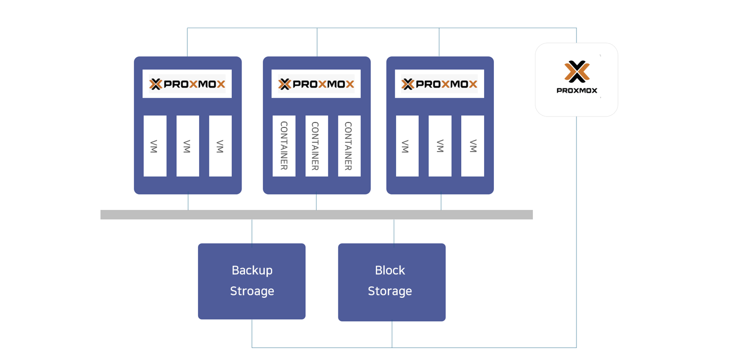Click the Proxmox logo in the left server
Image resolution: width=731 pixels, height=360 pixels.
click(187, 84)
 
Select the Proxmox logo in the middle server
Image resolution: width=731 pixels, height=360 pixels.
click(316, 84)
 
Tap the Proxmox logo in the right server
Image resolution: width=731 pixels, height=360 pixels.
click(439, 84)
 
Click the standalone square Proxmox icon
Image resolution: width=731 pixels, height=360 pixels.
click(576, 80)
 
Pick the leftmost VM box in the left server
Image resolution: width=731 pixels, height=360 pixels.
click(155, 146)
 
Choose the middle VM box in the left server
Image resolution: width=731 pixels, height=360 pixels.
click(188, 146)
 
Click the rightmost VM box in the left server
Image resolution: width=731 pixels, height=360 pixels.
click(220, 146)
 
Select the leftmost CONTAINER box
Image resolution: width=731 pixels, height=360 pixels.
click(284, 146)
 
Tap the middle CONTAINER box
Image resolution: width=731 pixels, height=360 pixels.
click(317, 146)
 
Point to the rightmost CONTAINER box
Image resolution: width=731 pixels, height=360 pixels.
click(349, 146)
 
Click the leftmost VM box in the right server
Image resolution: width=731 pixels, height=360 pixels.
click(407, 146)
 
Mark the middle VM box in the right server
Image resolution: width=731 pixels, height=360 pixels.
click(440, 146)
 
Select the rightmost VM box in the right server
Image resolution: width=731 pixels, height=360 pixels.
click(473, 146)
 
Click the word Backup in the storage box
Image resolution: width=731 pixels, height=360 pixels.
click(252, 271)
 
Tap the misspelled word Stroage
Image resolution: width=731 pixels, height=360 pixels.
click(252, 291)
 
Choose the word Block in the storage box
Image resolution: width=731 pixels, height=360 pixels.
click(390, 271)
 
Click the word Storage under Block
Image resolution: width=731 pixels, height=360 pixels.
click(390, 291)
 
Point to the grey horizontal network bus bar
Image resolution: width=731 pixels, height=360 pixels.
click(316, 214)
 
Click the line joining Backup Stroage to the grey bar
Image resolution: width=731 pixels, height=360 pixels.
click(252, 231)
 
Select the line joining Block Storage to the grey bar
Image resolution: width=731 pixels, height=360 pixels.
click(394, 231)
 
